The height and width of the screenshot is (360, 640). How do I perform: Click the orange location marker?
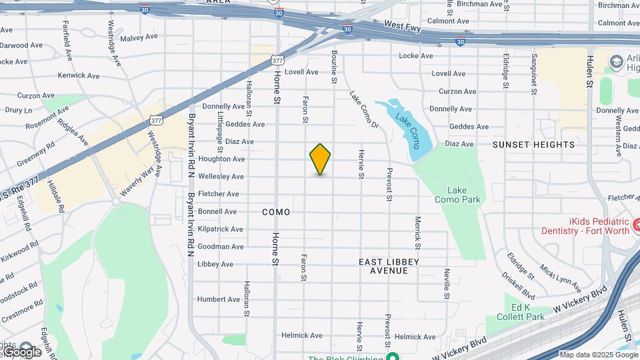click(320, 159)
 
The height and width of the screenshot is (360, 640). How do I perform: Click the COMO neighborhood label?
click(276, 212)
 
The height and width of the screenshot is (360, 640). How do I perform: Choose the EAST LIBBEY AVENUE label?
click(389, 266)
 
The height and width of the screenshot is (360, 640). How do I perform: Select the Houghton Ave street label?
click(222, 159)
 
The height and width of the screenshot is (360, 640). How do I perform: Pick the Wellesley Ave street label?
click(221, 177)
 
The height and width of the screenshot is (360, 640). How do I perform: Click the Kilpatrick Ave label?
click(221, 229)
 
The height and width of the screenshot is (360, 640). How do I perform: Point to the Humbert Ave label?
click(218, 299)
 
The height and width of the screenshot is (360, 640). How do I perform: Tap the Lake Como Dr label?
click(364, 111)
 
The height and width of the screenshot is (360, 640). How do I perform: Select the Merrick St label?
click(417, 229)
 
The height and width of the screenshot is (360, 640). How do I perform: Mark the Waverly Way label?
click(137, 181)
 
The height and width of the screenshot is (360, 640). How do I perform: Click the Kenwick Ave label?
click(79, 75)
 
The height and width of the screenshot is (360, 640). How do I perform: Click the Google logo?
click(23, 351)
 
